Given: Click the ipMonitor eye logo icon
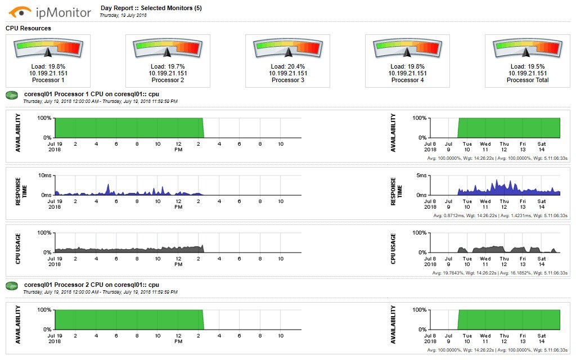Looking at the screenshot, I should pyautogui.click(x=20, y=11).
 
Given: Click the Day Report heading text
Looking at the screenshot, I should pyautogui.click(x=151, y=8).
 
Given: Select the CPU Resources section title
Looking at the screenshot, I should pyautogui.click(x=28, y=28).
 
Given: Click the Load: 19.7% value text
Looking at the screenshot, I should pyautogui.click(x=167, y=66).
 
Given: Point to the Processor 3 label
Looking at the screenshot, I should pyautogui.click(x=287, y=80).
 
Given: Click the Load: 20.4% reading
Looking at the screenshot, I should pyautogui.click(x=287, y=66).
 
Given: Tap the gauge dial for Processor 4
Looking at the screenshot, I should pyautogui.click(x=407, y=48).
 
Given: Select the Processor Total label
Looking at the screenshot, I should pyautogui.click(x=528, y=80).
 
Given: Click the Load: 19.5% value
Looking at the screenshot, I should pyautogui.click(x=528, y=66).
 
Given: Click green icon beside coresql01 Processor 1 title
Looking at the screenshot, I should pyautogui.click(x=12, y=96).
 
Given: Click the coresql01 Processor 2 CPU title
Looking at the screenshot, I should pyautogui.click(x=91, y=285).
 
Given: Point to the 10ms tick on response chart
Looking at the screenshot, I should pyautogui.click(x=45, y=175).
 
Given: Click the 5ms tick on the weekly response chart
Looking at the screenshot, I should pyautogui.click(x=420, y=175).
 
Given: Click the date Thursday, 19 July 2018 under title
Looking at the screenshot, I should pyautogui.click(x=123, y=16).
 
